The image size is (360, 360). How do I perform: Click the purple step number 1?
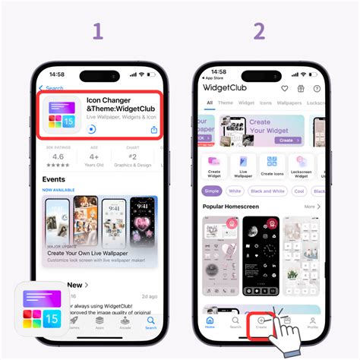click(96, 31)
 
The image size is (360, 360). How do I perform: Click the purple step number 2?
click(259, 31)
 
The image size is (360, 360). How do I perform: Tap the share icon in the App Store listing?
click(154, 130)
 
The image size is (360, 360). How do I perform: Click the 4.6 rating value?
click(58, 156)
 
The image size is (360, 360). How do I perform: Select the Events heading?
click(53, 180)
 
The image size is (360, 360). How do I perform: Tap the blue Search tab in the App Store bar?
click(151, 322)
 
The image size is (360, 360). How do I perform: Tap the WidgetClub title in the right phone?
click(226, 87)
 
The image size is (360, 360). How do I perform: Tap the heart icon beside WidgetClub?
click(286, 88)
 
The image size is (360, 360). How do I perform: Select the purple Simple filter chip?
click(212, 191)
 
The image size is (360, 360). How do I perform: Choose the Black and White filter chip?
click(267, 191)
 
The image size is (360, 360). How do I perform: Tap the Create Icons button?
click(272, 166)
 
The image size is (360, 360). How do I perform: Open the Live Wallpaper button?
click(244, 166)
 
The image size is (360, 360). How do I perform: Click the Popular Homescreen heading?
click(230, 207)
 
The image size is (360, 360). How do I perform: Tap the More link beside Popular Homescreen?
click(311, 207)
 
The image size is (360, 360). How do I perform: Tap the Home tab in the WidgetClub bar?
click(210, 323)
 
